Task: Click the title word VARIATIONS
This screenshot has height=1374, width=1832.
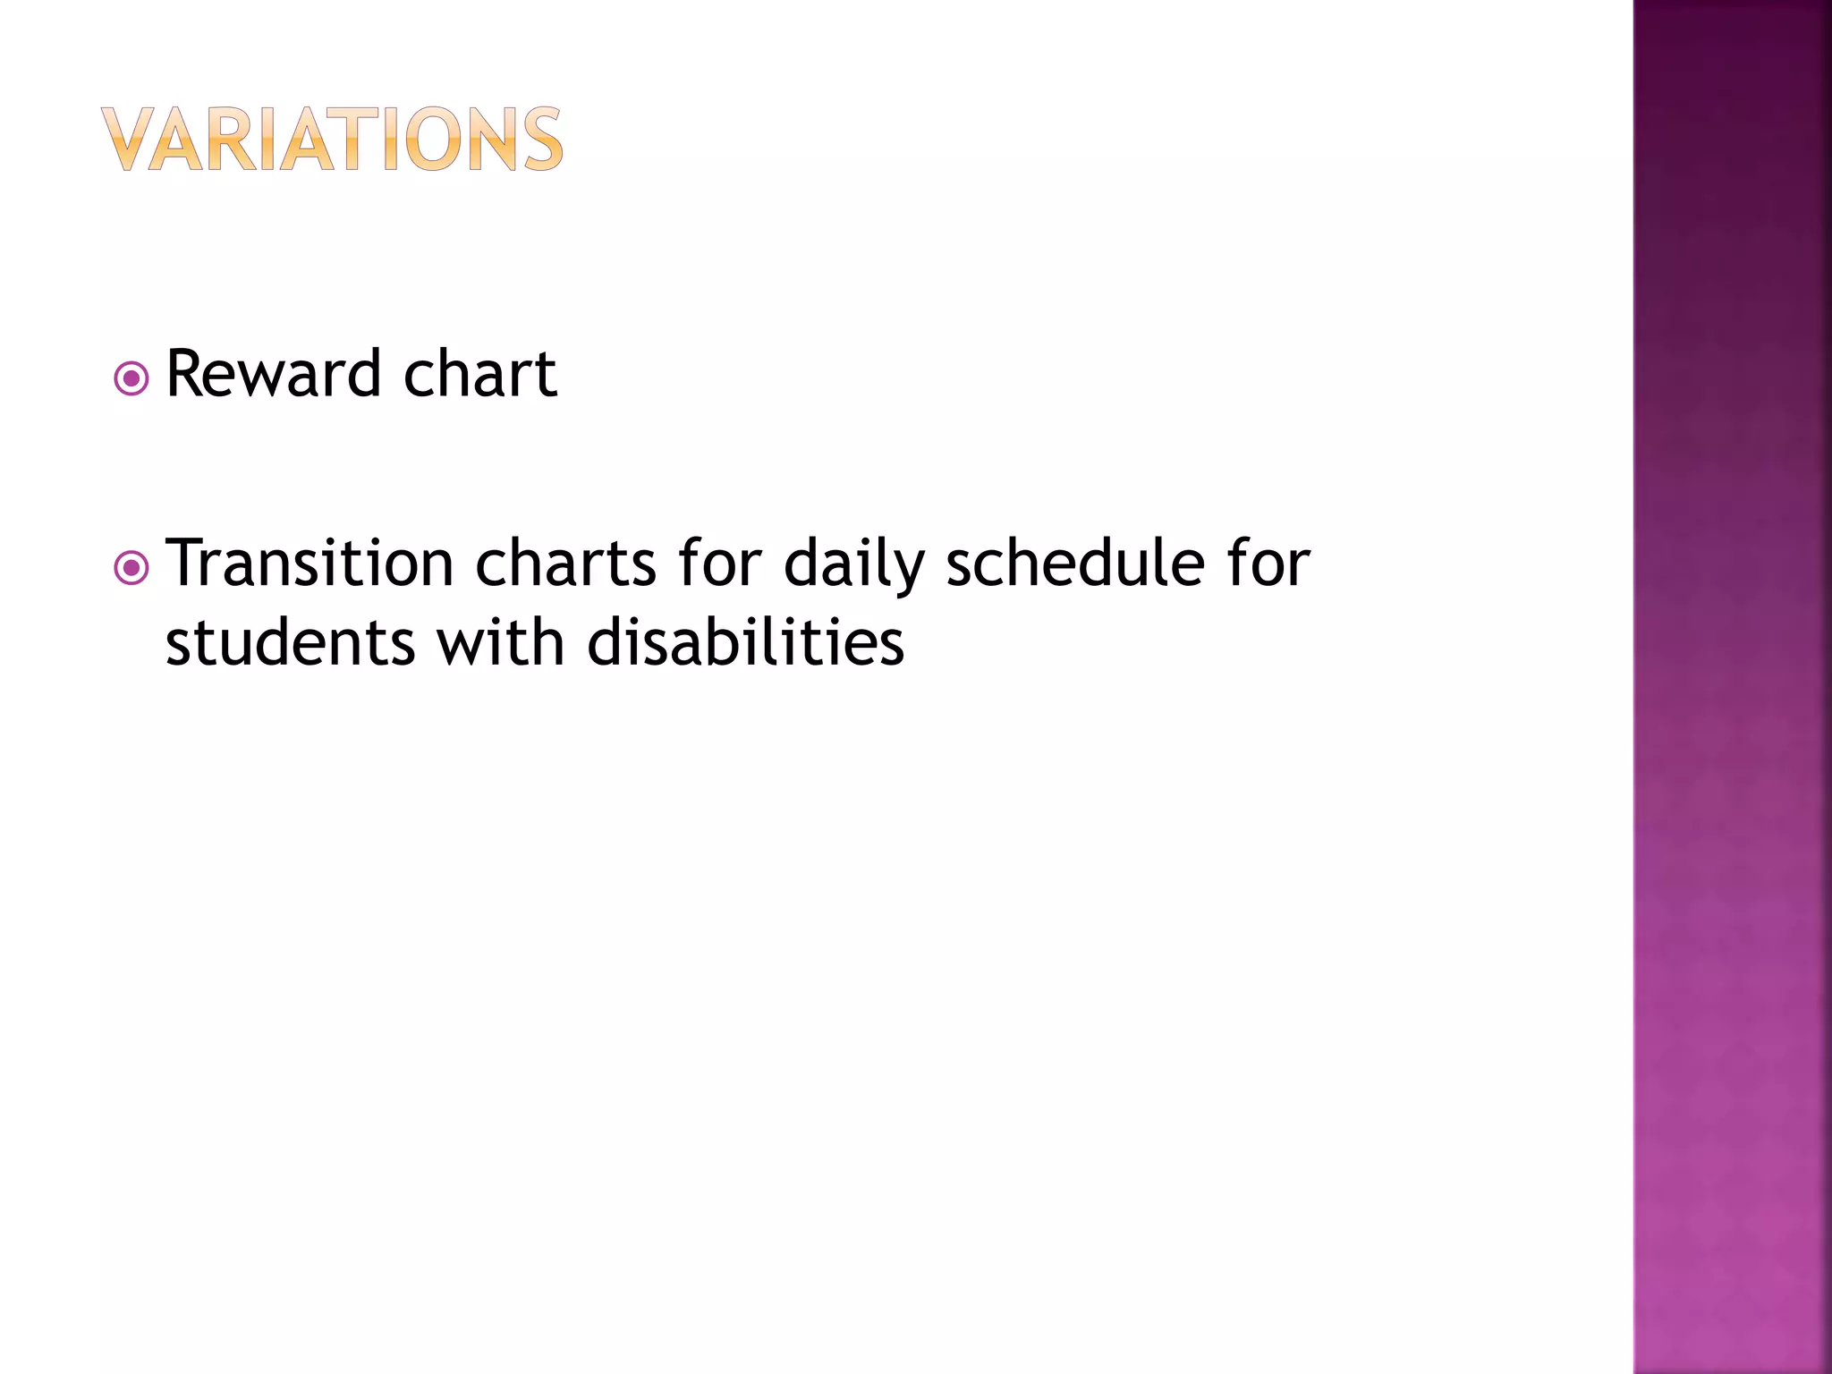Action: (332, 140)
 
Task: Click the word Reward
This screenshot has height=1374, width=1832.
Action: (274, 374)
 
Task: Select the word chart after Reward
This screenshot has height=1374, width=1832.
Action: (479, 374)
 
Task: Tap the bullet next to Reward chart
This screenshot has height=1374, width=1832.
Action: (131, 379)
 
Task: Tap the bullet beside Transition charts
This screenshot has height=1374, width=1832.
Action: (131, 568)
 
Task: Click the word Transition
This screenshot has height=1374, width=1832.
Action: (310, 564)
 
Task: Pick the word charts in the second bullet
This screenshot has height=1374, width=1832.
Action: (565, 564)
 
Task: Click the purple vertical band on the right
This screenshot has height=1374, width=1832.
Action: (1732, 687)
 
